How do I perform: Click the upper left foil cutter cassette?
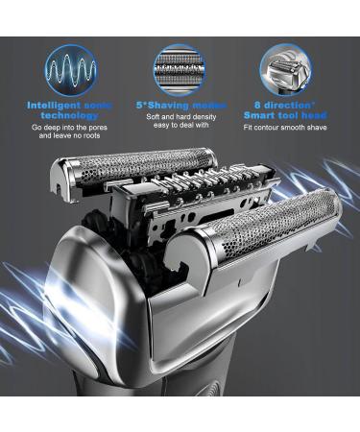pyautogui.click(x=134, y=165)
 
